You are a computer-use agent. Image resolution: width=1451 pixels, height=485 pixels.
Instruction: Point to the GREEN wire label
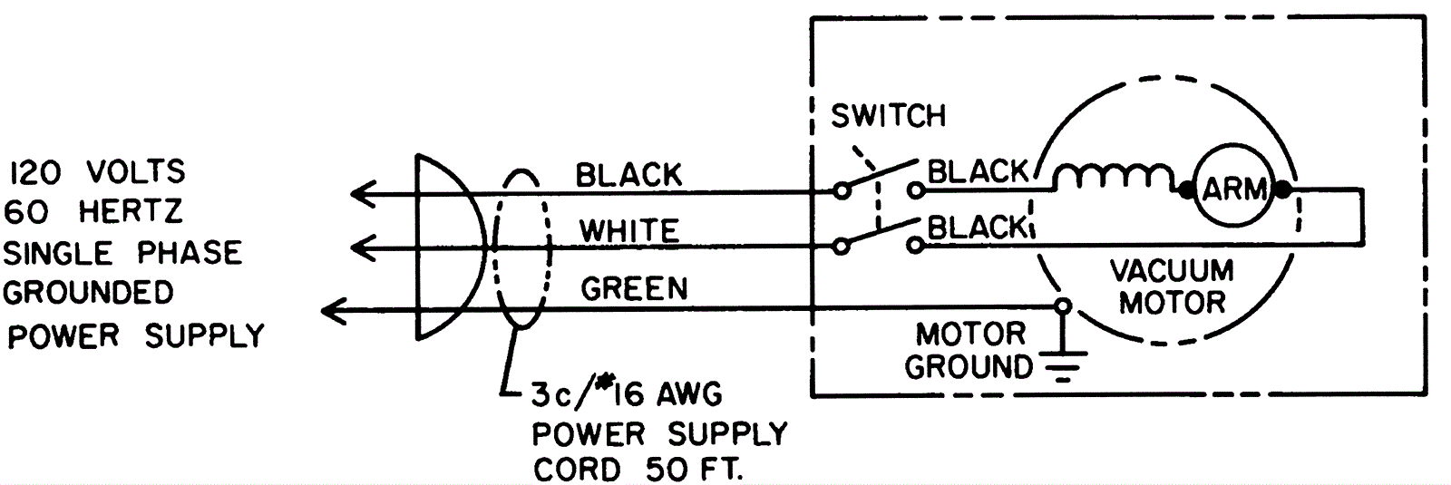click(634, 288)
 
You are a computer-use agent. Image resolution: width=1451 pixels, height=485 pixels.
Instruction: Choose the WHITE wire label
click(629, 230)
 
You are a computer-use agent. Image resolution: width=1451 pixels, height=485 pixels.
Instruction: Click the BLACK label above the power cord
click(628, 174)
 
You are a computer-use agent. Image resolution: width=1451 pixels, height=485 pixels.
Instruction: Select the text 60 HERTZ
click(93, 211)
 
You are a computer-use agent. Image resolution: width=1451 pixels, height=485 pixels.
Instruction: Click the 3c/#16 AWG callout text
click(626, 395)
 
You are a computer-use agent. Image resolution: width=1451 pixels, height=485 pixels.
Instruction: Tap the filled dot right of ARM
click(1281, 190)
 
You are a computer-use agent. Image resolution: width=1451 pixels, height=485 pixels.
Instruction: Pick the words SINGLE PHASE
click(122, 252)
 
